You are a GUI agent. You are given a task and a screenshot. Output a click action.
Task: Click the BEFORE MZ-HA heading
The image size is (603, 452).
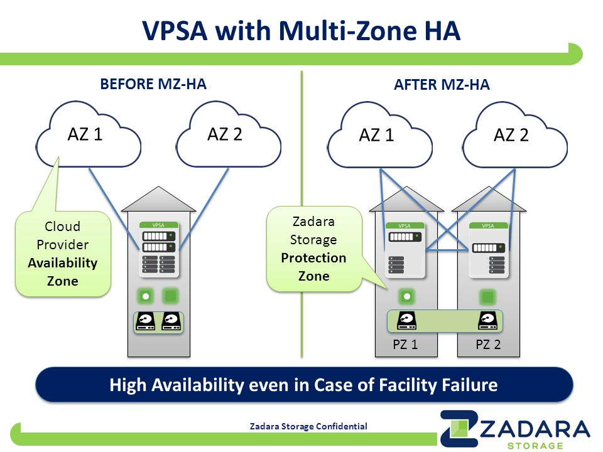click(153, 83)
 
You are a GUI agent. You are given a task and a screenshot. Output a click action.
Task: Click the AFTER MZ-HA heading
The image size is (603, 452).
click(442, 85)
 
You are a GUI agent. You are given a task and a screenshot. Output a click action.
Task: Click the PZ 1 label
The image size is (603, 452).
click(405, 345)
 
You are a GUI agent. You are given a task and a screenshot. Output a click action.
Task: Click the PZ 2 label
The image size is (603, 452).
click(489, 345)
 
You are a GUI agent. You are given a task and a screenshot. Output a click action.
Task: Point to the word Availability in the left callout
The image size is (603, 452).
click(63, 263)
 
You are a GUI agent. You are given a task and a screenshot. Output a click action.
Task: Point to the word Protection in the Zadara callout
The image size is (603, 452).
click(313, 258)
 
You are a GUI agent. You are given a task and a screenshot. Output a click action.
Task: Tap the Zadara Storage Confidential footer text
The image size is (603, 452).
click(308, 426)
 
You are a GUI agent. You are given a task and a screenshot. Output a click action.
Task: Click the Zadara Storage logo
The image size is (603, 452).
click(515, 429)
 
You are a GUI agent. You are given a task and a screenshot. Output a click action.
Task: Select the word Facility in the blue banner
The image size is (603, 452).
click(408, 385)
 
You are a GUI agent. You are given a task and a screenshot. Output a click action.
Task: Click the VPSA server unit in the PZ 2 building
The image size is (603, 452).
click(489, 250)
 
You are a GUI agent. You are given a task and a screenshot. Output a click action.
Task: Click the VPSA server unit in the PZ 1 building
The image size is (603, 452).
click(405, 250)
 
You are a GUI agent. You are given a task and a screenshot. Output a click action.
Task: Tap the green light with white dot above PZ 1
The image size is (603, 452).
click(407, 296)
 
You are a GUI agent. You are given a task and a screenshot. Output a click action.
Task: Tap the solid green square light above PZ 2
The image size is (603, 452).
click(488, 297)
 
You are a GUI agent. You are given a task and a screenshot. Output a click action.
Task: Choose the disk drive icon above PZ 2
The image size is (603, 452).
click(488, 321)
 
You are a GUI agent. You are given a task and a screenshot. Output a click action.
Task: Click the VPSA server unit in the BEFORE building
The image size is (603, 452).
click(159, 249)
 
